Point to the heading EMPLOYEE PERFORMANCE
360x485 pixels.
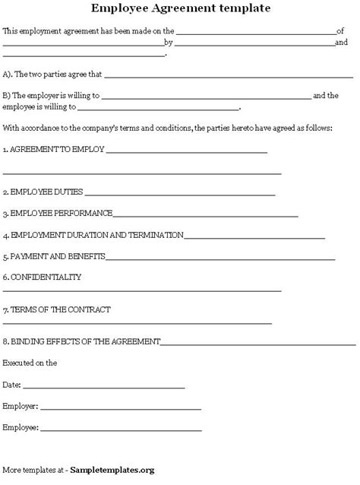[x=61, y=213]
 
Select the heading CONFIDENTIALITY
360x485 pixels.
[x=45, y=277]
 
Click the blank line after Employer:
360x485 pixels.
[x=121, y=408]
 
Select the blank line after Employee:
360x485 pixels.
[x=122, y=430]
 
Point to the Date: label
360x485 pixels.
[x=12, y=385]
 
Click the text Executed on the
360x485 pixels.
[x=30, y=363]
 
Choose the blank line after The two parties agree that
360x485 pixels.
[x=229, y=77]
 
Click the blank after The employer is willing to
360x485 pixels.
[x=205, y=97]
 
